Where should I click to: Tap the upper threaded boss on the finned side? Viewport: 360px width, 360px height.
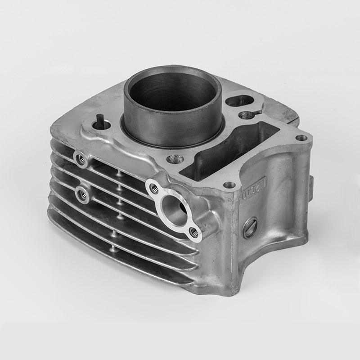coord(81,158)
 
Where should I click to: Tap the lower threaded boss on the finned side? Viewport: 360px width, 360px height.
coord(82,194)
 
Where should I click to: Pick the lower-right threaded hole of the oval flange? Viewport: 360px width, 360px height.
coord(194,232)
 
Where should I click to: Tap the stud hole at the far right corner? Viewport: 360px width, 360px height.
coord(301,138)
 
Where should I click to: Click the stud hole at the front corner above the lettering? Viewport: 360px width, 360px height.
coord(229,184)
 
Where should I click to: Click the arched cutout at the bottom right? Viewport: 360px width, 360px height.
coord(265,270)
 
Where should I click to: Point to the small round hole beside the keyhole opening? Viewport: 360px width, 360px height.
coord(246,115)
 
